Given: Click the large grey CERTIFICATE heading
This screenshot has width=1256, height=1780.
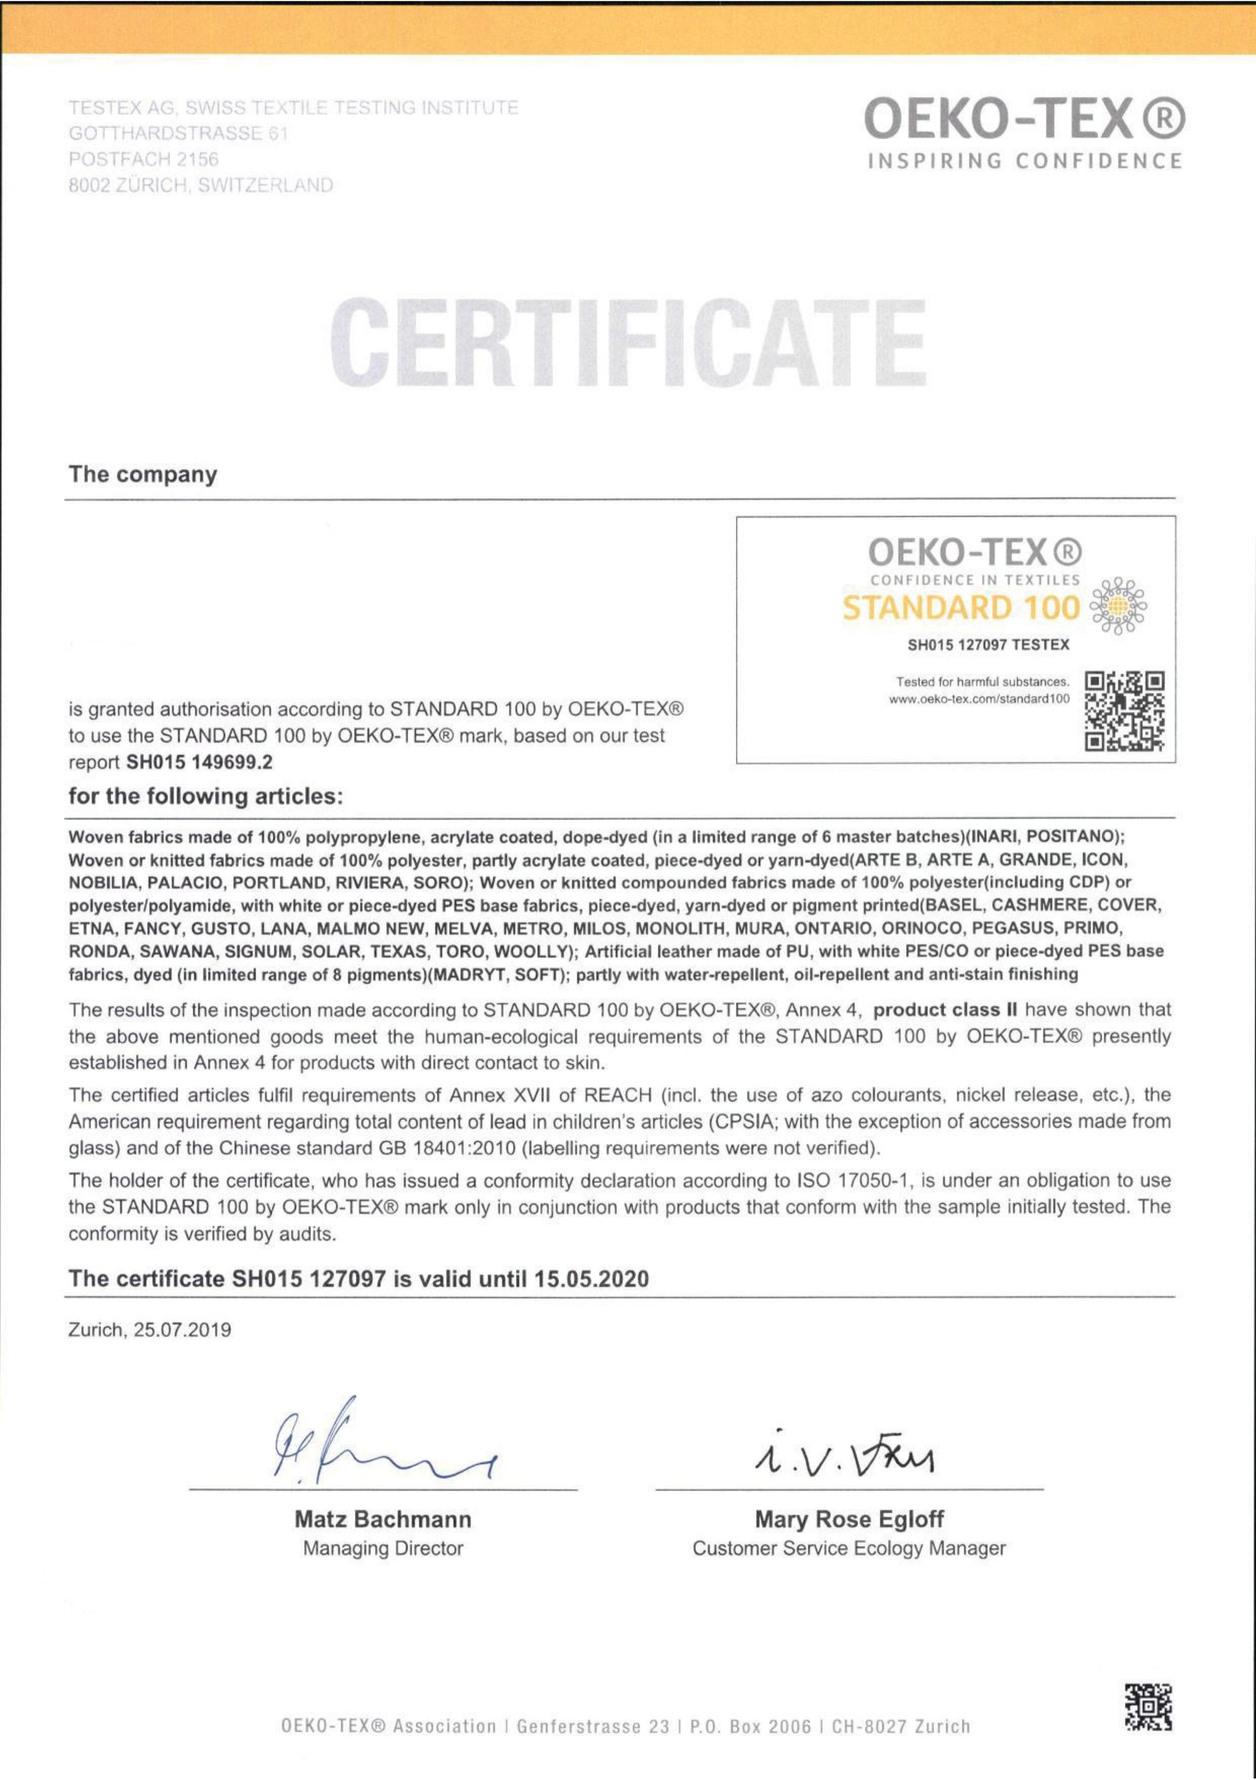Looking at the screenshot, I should point(627,344).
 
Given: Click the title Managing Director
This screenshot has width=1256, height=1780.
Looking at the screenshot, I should point(383,1548).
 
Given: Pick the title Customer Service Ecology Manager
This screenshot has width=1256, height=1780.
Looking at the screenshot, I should point(849,1548).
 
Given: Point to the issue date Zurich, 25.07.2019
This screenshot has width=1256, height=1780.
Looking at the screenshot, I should point(150,1330).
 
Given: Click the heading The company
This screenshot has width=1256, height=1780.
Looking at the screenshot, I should point(143,475).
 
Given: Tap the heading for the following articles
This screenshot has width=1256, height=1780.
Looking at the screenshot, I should point(206,796).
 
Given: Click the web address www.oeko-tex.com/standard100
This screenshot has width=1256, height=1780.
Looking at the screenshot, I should point(979,698).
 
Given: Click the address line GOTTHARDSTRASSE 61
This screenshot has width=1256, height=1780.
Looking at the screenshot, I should point(178,133).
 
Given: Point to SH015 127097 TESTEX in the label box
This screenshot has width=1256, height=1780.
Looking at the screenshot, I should point(989,644).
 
